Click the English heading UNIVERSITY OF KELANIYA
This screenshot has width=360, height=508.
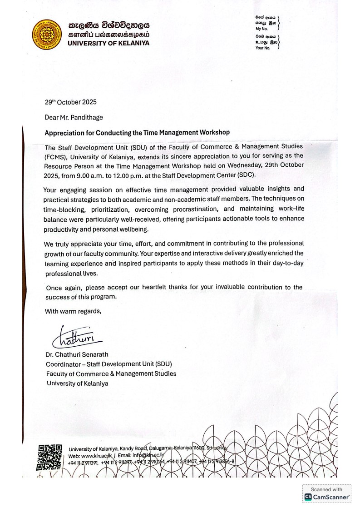(x=108, y=44)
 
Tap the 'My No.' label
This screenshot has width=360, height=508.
(x=262, y=28)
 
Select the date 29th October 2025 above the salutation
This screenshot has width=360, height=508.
(x=70, y=102)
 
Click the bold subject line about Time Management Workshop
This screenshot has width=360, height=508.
(x=137, y=133)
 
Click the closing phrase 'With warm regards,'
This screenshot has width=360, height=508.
(x=73, y=311)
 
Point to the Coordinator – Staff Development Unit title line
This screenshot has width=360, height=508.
(x=109, y=364)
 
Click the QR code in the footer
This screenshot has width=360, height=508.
(x=50, y=457)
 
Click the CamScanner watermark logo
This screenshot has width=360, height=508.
(x=327, y=497)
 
